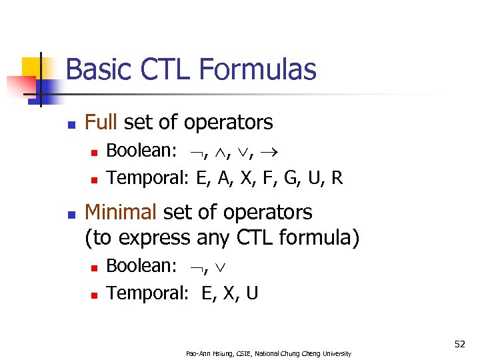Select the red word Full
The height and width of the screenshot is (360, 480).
click(101, 122)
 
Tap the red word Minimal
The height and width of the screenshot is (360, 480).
click(121, 212)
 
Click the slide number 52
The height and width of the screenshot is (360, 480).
click(459, 344)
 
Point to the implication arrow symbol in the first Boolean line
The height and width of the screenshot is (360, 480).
click(273, 151)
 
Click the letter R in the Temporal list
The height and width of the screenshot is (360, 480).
click(337, 178)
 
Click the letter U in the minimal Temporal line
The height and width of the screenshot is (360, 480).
click(252, 293)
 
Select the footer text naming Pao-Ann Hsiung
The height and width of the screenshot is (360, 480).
click(269, 353)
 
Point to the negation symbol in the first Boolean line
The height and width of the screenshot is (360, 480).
click(193, 151)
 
